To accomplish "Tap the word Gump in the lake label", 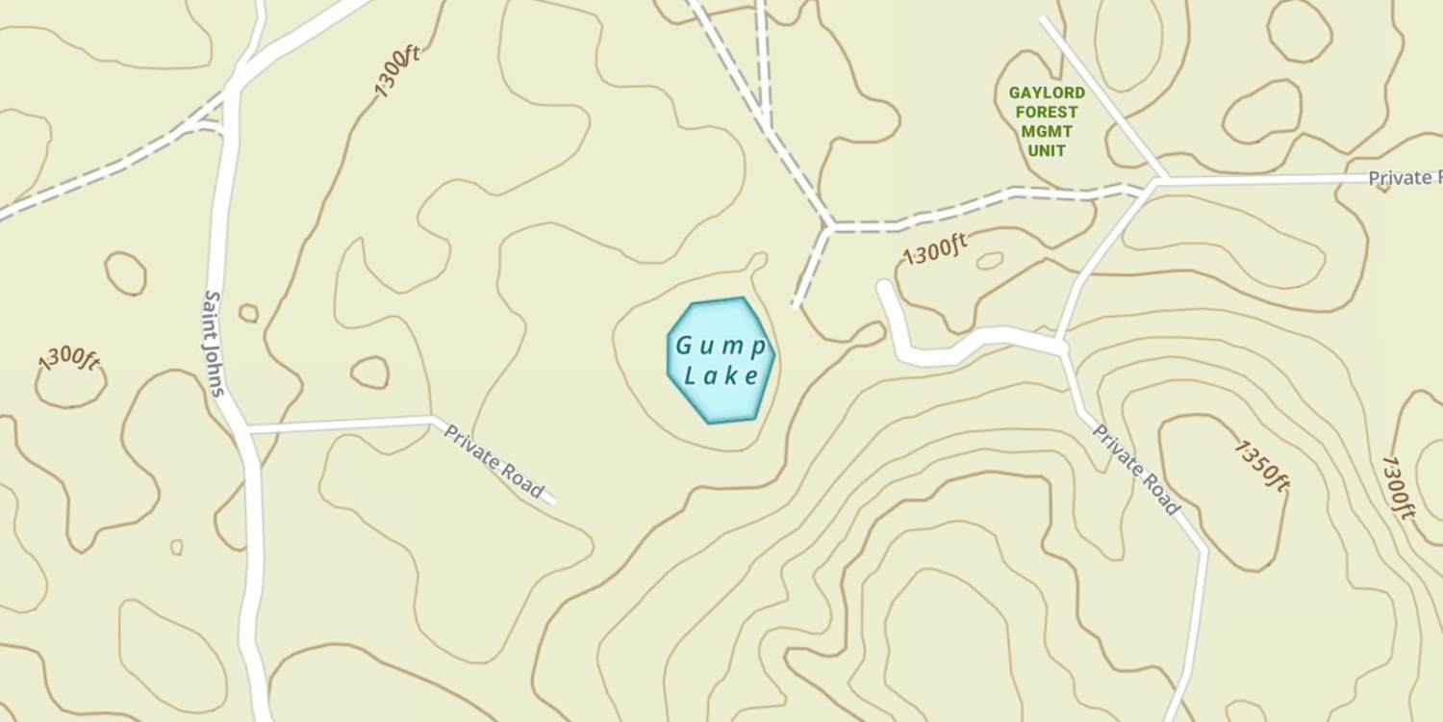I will (x=721, y=346).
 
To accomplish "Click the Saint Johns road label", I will (x=215, y=344).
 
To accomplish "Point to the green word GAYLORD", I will (x=1047, y=93).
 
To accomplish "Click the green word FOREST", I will (x=1047, y=113).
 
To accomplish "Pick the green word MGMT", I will (x=1047, y=132).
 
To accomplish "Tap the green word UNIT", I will (x=1047, y=151).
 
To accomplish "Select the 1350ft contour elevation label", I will (x=1261, y=465).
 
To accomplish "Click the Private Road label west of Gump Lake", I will (x=494, y=462).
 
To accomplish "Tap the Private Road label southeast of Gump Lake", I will (x=1136, y=469).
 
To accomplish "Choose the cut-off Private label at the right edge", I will (x=1405, y=178).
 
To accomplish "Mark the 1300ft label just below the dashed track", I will (x=935, y=251).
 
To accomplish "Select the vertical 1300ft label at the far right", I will (x=1397, y=488).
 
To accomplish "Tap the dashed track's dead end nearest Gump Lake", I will (x=796, y=304).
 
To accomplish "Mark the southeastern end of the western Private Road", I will (x=553, y=501).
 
